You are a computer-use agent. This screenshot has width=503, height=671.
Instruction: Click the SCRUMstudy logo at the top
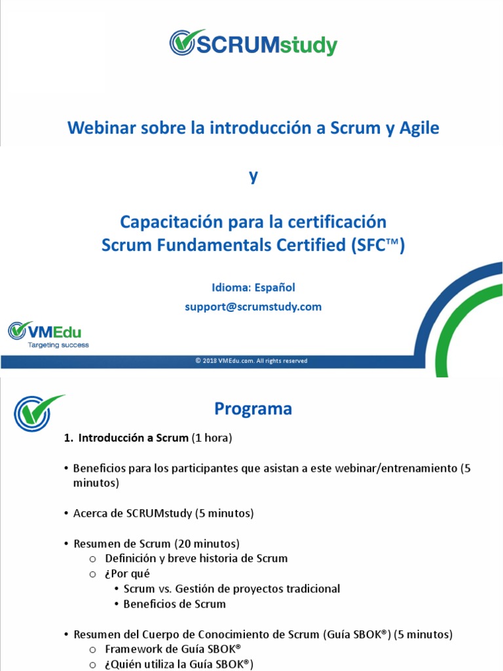click(x=253, y=43)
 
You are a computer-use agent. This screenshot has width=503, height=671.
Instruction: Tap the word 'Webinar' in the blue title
click(x=100, y=128)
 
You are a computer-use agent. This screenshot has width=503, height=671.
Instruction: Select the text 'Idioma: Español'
click(x=253, y=288)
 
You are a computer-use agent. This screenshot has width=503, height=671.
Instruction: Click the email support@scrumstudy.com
click(x=253, y=307)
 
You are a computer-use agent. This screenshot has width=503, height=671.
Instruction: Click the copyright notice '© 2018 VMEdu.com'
click(x=251, y=361)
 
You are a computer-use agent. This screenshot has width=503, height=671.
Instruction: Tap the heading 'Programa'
click(x=253, y=410)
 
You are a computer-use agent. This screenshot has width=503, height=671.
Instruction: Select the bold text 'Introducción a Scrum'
click(x=133, y=439)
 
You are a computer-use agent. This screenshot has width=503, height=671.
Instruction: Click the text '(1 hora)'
click(x=212, y=439)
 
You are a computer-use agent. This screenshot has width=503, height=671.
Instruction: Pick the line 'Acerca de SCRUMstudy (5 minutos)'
click(x=163, y=514)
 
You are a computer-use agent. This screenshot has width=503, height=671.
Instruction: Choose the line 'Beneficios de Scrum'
click(x=174, y=604)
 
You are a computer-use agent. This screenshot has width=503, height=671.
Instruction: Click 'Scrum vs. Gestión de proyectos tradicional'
click(x=232, y=589)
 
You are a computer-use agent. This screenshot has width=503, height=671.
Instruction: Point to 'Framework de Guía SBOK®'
click(x=173, y=649)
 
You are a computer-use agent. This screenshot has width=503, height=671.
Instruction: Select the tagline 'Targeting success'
click(x=58, y=345)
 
